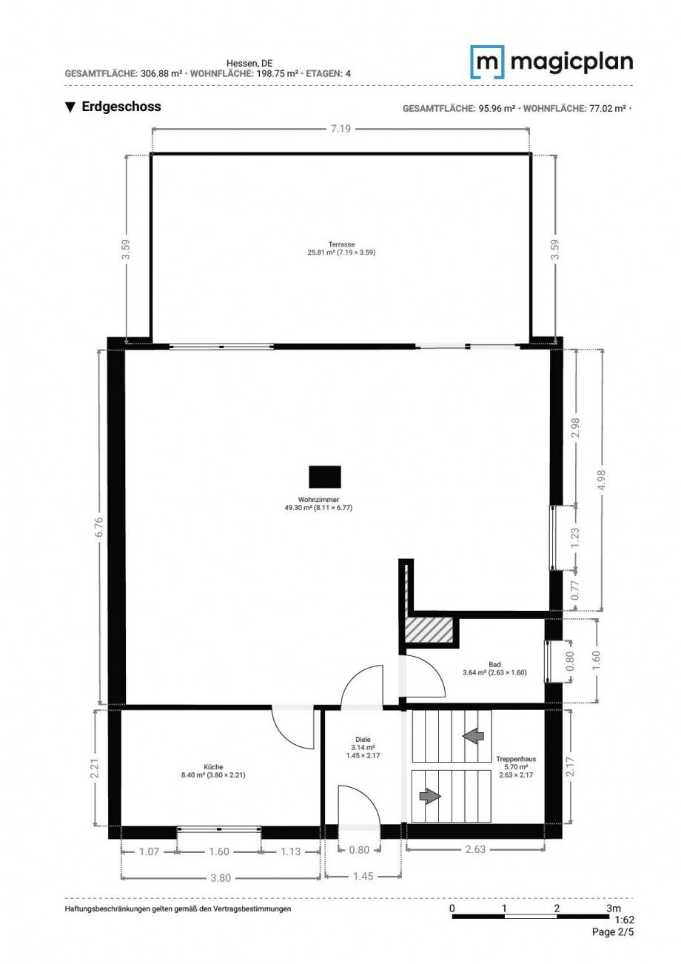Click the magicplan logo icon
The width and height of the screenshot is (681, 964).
(x=487, y=62)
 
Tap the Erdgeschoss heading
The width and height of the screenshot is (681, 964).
(x=113, y=107)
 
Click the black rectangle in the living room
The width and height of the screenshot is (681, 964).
(x=325, y=477)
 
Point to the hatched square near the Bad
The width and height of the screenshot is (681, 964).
(x=428, y=630)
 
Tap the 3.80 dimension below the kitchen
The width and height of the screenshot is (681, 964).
(x=221, y=878)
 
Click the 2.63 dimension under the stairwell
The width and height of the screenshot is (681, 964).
(x=475, y=849)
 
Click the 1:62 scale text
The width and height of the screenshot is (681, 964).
(x=624, y=920)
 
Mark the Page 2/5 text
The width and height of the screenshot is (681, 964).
(x=613, y=932)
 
